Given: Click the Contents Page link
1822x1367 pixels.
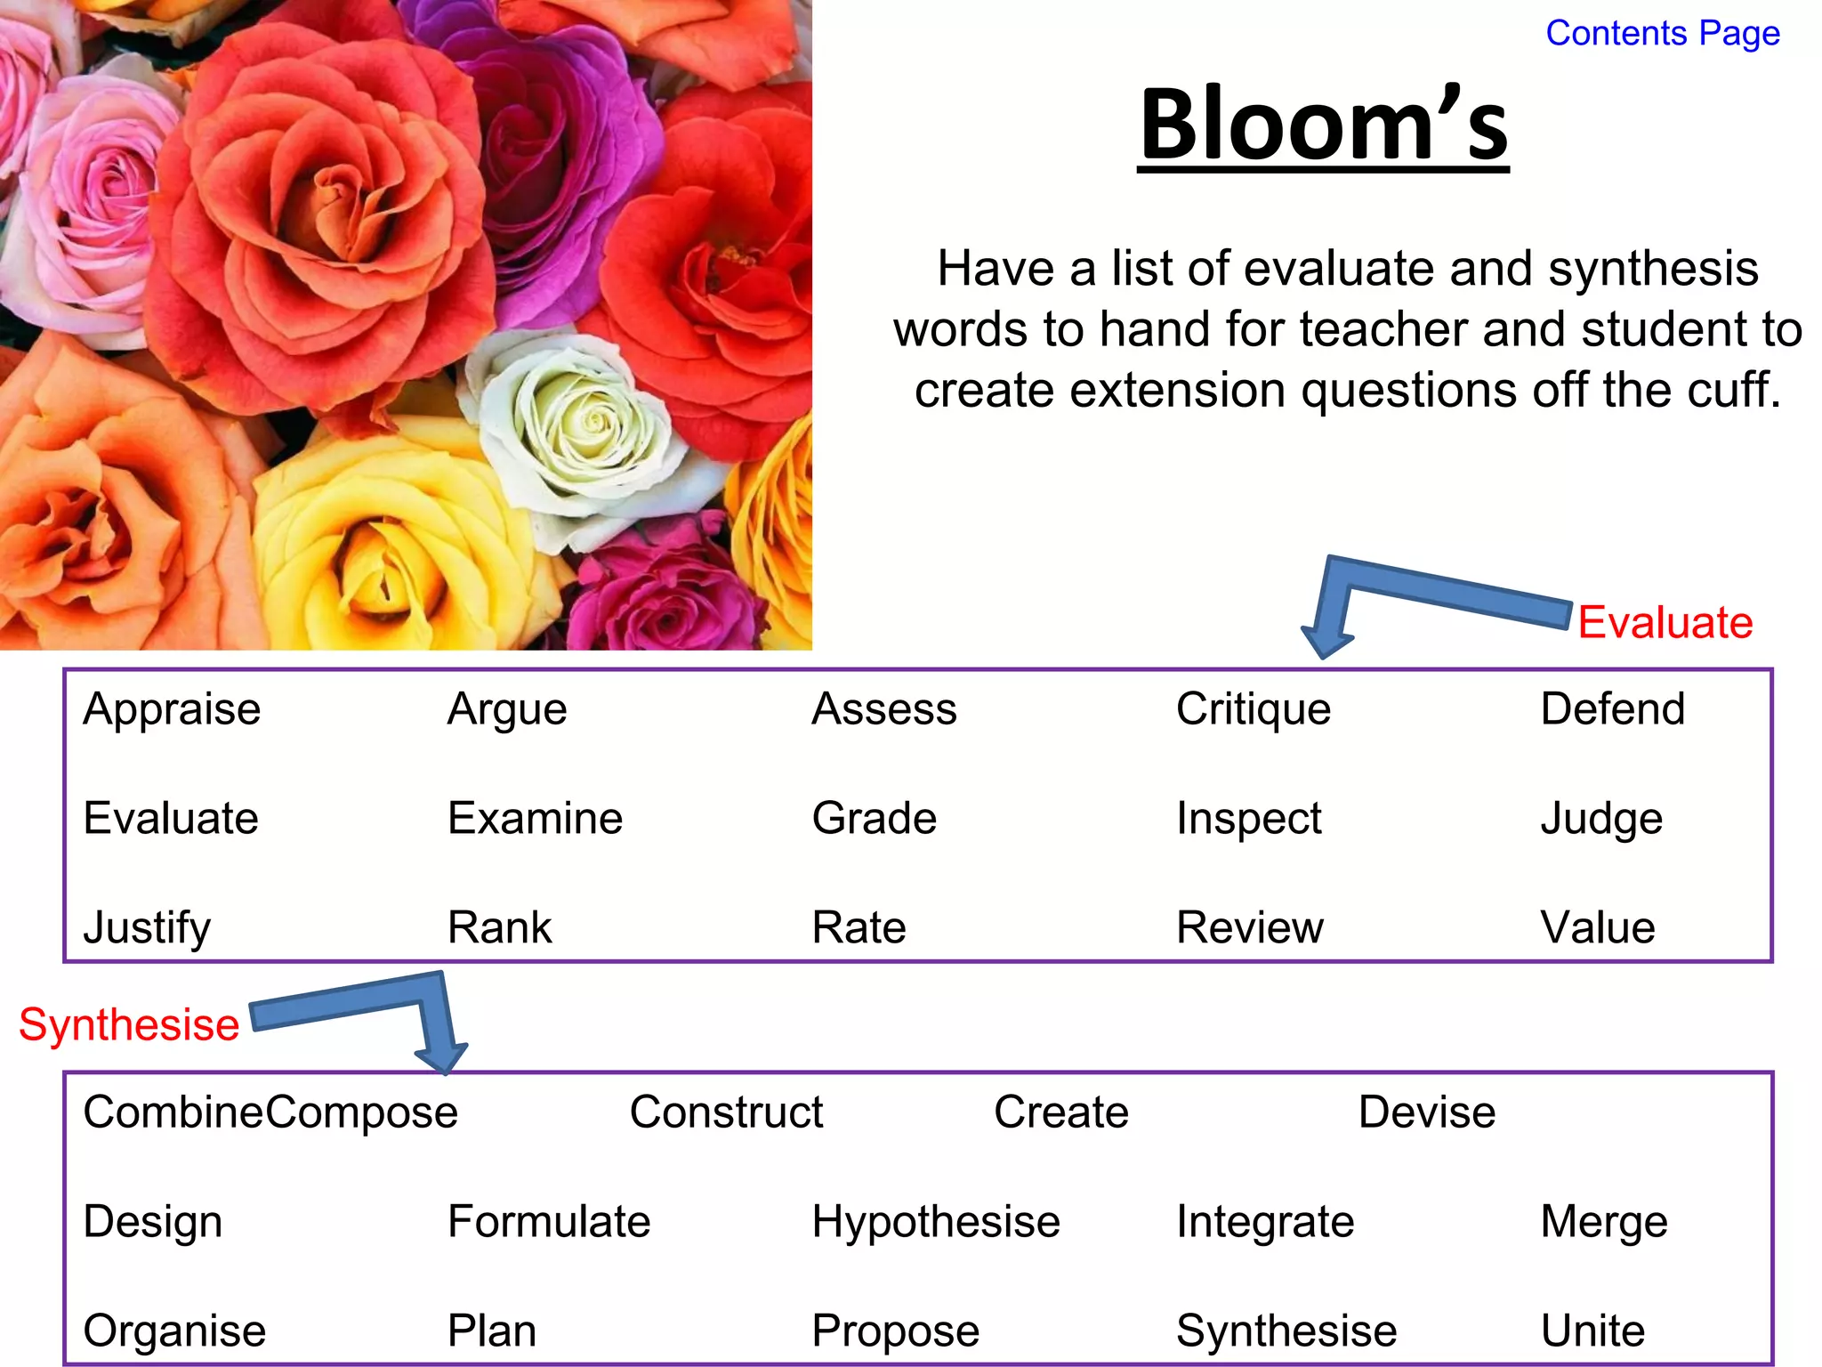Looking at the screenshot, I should (x=1662, y=34).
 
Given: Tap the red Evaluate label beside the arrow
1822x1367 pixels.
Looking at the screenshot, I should (x=1665, y=622).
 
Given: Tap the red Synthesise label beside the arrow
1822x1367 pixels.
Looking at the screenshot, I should (x=129, y=1024).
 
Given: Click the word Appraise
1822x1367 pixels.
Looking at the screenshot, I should (x=172, y=709).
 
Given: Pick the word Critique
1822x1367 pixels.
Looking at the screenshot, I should (x=1253, y=710).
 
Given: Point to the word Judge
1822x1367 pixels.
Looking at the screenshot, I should (x=1600, y=819).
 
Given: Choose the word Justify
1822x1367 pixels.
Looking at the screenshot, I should (x=147, y=928).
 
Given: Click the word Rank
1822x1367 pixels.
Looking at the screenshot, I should (x=499, y=927).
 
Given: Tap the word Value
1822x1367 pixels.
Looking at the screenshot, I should (x=1597, y=927).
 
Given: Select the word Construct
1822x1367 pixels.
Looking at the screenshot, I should (x=726, y=1112).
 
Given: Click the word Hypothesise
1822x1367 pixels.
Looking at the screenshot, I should (x=935, y=1222).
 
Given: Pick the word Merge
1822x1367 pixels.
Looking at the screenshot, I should (x=1603, y=1222).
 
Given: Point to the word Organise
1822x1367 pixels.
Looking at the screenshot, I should (x=174, y=1331).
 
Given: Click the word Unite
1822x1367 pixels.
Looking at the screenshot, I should (x=1592, y=1331).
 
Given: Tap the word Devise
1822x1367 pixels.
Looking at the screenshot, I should (x=1426, y=1112).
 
